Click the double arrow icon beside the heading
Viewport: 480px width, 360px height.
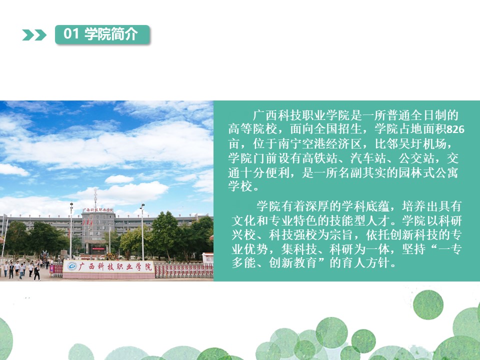[x=34, y=35]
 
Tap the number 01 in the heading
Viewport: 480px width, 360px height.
[x=71, y=33]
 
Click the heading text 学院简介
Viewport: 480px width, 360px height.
[x=111, y=33]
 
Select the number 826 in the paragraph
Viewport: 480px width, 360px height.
[x=455, y=129]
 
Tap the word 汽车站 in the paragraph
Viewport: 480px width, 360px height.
[x=368, y=158]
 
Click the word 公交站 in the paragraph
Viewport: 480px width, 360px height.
[x=416, y=158]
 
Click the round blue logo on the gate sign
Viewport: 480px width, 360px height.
[x=72, y=266]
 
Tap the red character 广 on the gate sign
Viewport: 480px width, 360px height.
[x=82, y=266]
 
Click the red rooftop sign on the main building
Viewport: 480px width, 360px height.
[x=98, y=210]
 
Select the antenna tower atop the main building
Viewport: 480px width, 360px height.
[x=95, y=198]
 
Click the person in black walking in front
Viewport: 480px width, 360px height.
[x=37, y=273]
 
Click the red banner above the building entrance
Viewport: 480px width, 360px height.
[x=98, y=249]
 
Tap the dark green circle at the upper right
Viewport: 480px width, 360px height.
[x=428, y=305]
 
